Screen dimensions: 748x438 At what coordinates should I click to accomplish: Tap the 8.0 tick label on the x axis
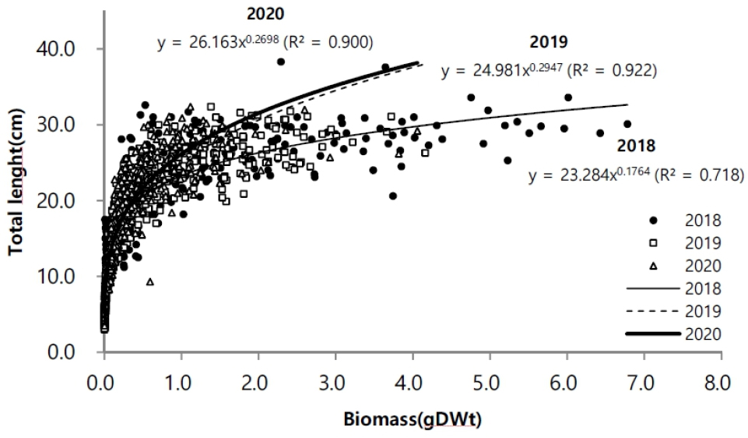[x=717, y=383]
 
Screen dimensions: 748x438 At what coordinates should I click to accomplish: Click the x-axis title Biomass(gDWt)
[x=413, y=420]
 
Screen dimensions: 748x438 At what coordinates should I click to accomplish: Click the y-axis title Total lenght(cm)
[x=16, y=182]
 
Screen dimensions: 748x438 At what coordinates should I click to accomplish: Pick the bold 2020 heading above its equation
[x=265, y=14]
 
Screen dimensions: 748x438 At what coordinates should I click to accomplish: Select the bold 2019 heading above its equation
[x=549, y=42]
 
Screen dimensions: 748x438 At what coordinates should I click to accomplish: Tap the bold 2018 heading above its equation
[x=636, y=146]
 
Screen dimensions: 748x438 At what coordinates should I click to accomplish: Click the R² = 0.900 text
[x=328, y=43]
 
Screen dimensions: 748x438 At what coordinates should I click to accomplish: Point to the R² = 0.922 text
[x=612, y=71]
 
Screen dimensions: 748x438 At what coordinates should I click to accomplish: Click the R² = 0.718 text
[x=699, y=175]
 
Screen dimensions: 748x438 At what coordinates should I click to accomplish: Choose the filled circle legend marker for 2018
[x=654, y=221]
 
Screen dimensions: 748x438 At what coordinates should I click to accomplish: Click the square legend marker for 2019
[x=654, y=243]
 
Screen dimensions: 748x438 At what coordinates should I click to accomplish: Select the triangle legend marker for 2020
[x=654, y=266]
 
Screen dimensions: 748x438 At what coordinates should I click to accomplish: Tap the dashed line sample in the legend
[x=652, y=312]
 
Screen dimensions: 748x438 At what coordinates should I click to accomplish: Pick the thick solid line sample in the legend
[x=652, y=334]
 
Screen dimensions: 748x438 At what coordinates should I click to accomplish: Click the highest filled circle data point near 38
[x=281, y=62]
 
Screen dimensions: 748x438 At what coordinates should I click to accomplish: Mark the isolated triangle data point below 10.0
[x=150, y=282]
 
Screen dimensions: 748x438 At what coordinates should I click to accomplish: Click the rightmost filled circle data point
[x=627, y=124]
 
